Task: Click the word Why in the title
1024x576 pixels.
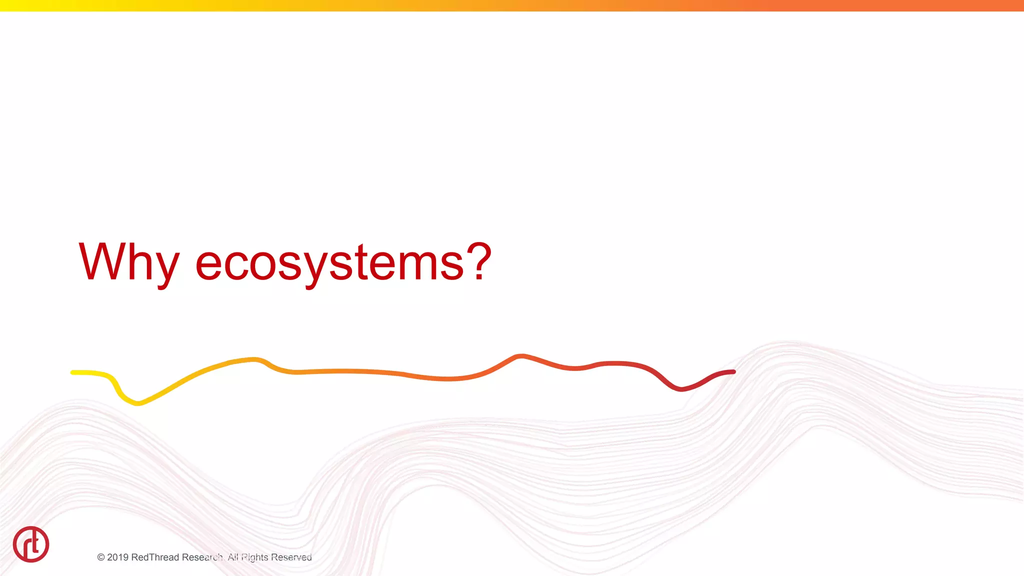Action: [128, 262]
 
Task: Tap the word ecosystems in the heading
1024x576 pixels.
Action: [329, 263]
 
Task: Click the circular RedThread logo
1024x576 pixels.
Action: [31, 544]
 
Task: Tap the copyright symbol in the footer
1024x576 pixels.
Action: [101, 557]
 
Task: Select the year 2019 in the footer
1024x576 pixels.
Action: [117, 557]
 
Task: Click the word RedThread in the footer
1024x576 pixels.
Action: [154, 557]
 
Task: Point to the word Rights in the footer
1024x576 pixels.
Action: [255, 557]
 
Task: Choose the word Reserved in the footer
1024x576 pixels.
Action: [291, 557]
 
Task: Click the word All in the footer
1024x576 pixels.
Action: [232, 557]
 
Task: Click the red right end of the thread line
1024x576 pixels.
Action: [732, 372]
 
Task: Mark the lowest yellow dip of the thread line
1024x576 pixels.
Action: [137, 402]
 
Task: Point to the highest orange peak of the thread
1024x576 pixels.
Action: [520, 356]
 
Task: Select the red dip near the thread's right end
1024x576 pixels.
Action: [680, 388]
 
